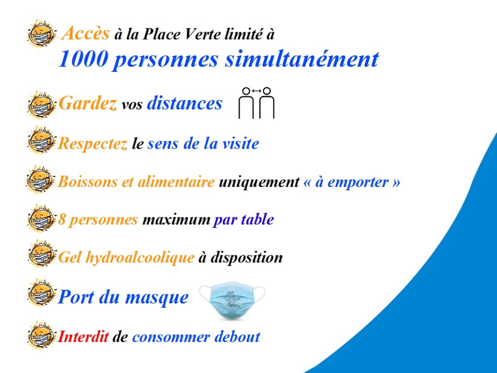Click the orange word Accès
click(85, 33)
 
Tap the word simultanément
click(302, 59)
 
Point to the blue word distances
click(185, 103)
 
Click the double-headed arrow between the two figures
click(256, 91)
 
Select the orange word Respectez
click(93, 144)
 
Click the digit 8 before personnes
click(61, 220)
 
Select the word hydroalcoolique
click(140, 257)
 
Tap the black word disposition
click(247, 257)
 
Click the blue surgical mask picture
click(232, 300)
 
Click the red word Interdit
click(83, 337)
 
